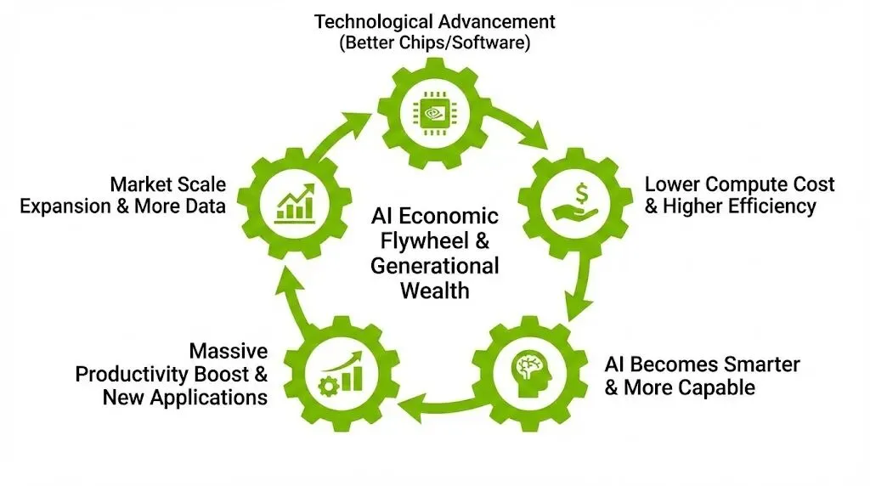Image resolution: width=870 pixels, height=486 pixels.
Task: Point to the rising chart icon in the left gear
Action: (292, 204)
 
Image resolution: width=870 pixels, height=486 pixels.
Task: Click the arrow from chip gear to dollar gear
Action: (519, 127)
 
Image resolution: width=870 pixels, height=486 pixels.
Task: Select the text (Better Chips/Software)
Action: (434, 43)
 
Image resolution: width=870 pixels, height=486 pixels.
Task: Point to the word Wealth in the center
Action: (434, 290)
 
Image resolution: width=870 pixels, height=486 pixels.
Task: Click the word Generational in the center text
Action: (434, 265)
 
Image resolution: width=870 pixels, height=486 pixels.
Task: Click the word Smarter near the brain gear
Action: (759, 364)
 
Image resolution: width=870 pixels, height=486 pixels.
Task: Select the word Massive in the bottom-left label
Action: (229, 351)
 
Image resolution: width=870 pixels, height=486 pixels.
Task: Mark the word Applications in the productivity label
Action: (211, 397)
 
